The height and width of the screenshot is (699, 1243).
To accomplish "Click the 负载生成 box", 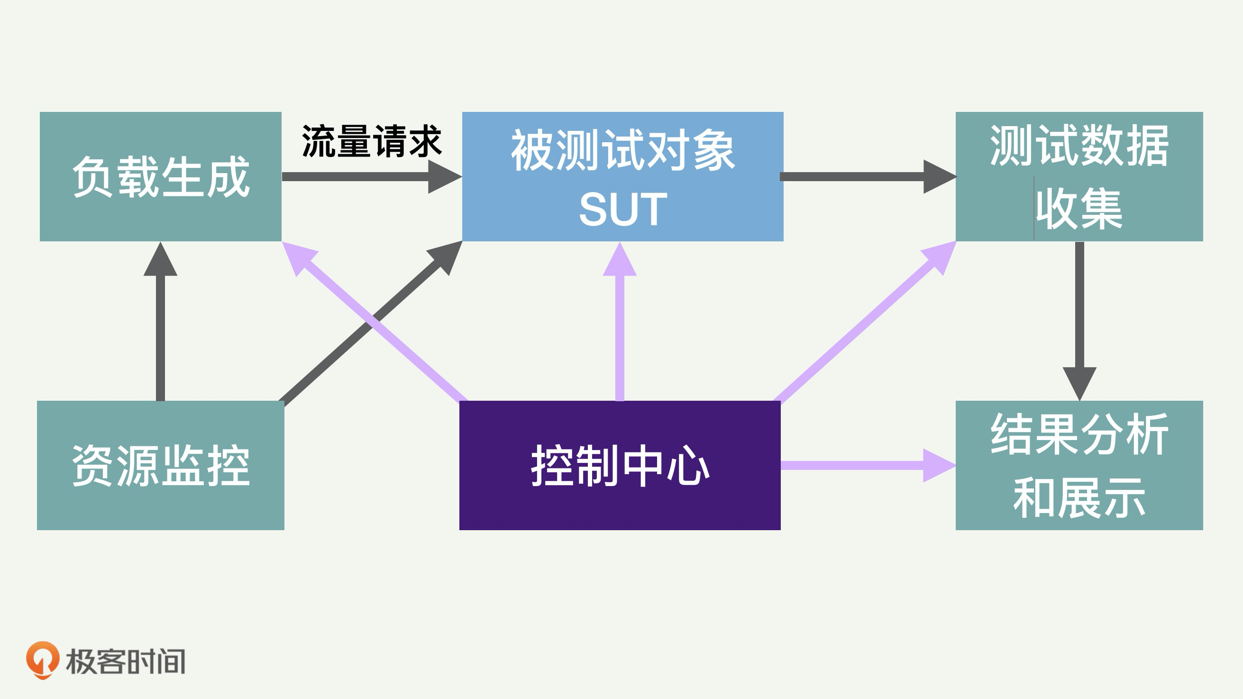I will pyautogui.click(x=160, y=177).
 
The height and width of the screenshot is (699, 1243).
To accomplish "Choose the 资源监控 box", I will pyautogui.click(x=160, y=465).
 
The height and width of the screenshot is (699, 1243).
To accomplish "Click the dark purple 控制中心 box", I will pyautogui.click(x=620, y=465).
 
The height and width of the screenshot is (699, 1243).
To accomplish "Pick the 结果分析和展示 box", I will pyautogui.click(x=1079, y=465).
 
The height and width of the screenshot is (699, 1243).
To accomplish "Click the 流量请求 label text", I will pyautogui.click(x=372, y=141).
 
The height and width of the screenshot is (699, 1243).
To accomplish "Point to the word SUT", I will pyautogui.click(x=622, y=210).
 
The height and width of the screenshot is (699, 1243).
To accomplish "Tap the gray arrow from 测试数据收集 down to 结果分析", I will pyautogui.click(x=1079, y=319).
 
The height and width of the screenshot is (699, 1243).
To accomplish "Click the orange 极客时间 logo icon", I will pyautogui.click(x=43, y=660).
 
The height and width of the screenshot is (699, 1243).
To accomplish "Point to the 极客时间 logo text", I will pyautogui.click(x=126, y=662).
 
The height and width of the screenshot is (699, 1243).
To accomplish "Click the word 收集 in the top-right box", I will pyautogui.click(x=1079, y=210).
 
